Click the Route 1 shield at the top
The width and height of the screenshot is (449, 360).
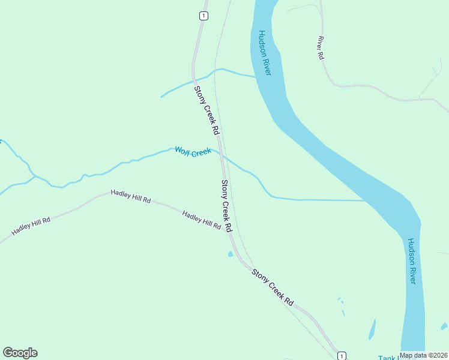coord(204,16)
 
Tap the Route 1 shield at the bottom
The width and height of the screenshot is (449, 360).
coord(342,355)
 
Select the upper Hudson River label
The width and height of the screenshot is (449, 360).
coord(265,53)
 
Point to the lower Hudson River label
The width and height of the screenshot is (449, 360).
coord(412,261)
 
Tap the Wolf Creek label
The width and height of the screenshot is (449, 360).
coord(193,151)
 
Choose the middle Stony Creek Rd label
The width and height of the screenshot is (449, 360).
coord(226,206)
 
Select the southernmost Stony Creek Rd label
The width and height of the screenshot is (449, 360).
coord(273,287)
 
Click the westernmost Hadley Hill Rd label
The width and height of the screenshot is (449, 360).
coord(31,227)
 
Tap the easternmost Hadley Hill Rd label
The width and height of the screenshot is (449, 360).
coord(202,220)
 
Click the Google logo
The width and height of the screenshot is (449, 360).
coord(20,353)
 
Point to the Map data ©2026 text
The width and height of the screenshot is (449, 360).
coord(424,356)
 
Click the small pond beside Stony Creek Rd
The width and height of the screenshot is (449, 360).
coord(231,254)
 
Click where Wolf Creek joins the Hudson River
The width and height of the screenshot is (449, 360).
coord(365,200)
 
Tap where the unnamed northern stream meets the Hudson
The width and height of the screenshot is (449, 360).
coord(256,76)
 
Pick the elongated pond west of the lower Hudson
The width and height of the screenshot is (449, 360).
coord(372,329)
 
